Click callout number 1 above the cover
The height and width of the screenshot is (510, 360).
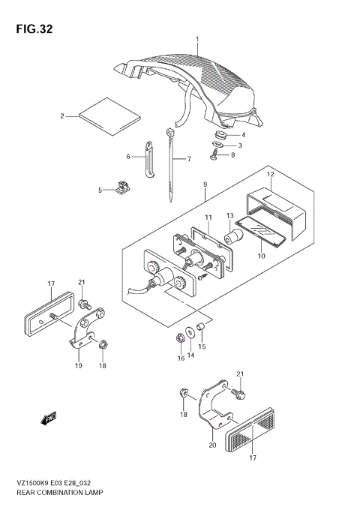[x=198, y=38]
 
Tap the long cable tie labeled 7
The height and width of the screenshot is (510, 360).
[x=171, y=169]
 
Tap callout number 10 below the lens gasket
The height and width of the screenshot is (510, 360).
[x=262, y=256]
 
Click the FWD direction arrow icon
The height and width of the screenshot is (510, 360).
[x=51, y=416]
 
